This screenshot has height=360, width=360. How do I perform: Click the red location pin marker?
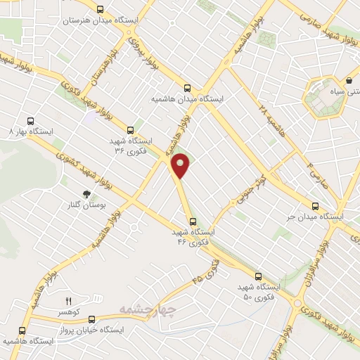coord(181,165)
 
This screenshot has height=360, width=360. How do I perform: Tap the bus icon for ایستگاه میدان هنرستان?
coord(101,11)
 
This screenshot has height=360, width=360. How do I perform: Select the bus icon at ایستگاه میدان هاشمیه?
coord(187,88)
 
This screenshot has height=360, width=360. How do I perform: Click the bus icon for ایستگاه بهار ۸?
coord(30,120)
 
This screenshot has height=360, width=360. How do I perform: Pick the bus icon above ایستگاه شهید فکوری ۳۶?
coord(130,129)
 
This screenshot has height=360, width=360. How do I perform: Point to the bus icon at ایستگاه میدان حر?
coord(315,207)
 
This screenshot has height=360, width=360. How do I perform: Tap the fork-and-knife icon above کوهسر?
coord(68,302)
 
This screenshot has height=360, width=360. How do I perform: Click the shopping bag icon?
coord(349,81)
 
